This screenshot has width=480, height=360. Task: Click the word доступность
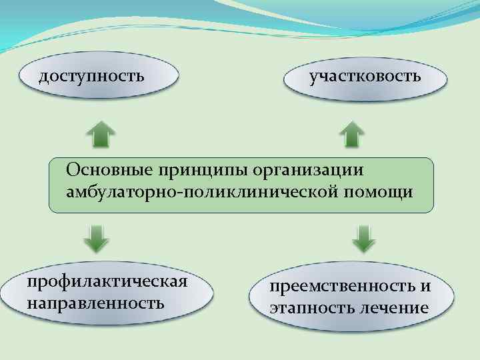tap(91, 75)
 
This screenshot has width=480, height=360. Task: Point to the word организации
tap(308, 169)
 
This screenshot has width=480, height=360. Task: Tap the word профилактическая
tap(107, 281)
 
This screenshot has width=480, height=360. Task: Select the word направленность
tap(95, 303)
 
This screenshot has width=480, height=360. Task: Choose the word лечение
tap(393, 308)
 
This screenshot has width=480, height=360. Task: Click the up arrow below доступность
tap(100, 134)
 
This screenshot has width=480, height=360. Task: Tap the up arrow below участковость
tap(351, 134)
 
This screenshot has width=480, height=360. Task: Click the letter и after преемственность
tap(425, 287)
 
